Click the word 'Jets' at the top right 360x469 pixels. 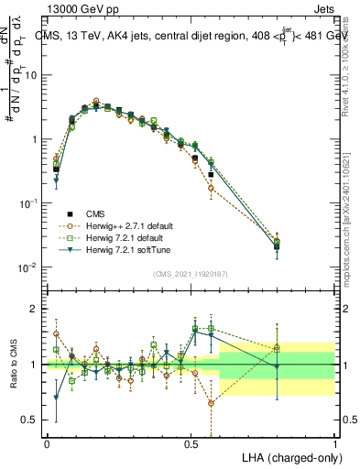tap(322, 7)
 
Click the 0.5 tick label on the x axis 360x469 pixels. tap(191, 442)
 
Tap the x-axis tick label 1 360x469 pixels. tap(334, 442)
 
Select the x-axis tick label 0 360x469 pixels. tap(47, 442)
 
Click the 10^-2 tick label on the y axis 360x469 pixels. tap(29, 267)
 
